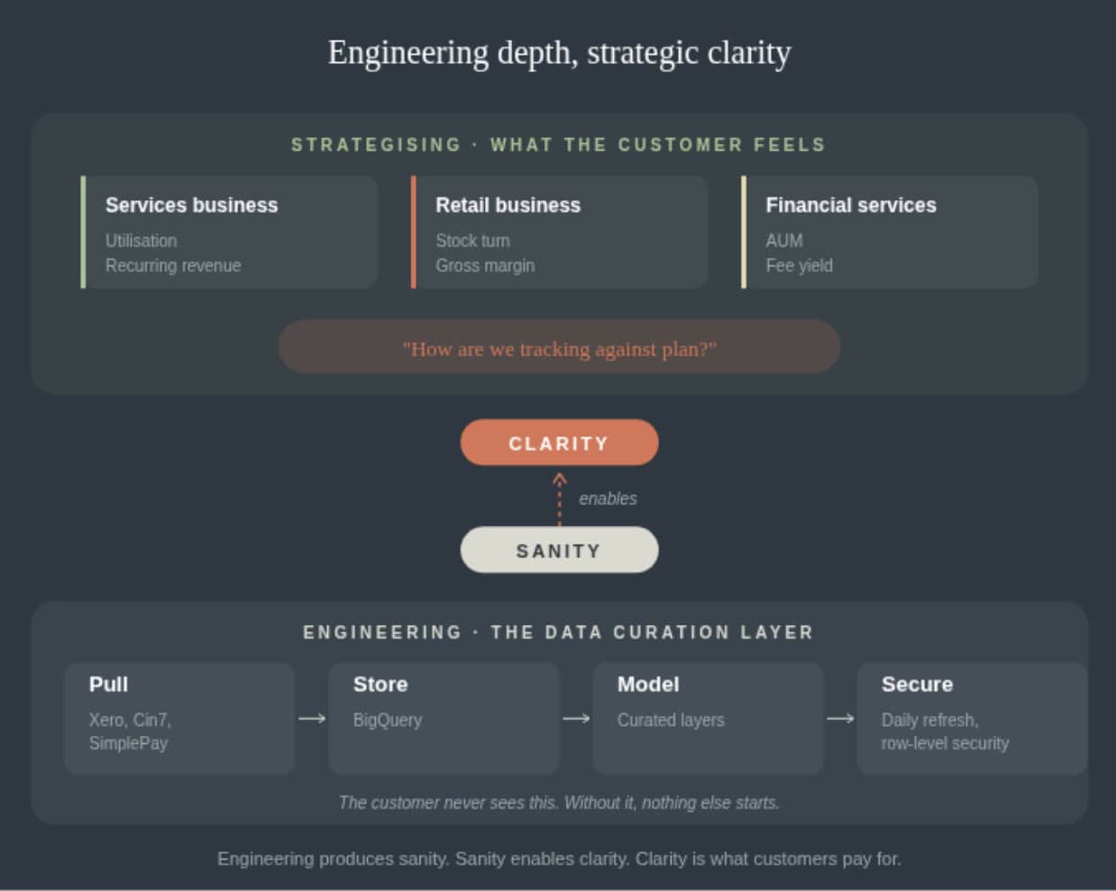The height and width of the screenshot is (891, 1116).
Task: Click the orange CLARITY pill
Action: (559, 442)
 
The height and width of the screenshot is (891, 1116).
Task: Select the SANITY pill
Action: (559, 550)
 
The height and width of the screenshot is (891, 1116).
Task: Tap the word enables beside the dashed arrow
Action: (608, 499)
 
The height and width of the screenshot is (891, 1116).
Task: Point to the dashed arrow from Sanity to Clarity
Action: (559, 500)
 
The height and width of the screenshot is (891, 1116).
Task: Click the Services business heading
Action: (192, 205)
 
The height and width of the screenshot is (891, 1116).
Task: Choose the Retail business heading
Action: (508, 205)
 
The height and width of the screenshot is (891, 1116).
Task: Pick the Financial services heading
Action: (851, 205)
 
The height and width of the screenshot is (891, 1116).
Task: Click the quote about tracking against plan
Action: (559, 349)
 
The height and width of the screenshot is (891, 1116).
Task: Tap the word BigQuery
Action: (388, 721)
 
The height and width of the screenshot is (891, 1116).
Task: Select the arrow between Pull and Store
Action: (312, 719)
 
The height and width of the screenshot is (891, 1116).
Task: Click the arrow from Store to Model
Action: (576, 719)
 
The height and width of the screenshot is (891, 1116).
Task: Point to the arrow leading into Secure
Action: (840, 719)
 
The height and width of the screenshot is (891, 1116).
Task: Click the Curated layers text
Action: (671, 720)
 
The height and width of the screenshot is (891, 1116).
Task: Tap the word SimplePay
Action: (129, 743)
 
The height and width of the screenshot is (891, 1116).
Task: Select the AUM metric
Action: (784, 240)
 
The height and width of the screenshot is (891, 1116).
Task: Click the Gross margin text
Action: (485, 265)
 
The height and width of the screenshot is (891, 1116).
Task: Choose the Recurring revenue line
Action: (173, 265)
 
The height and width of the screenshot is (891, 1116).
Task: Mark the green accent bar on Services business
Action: (83, 232)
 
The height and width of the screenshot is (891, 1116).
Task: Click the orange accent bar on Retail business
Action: (413, 232)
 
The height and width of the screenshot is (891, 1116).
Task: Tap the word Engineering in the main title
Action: (408, 54)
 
